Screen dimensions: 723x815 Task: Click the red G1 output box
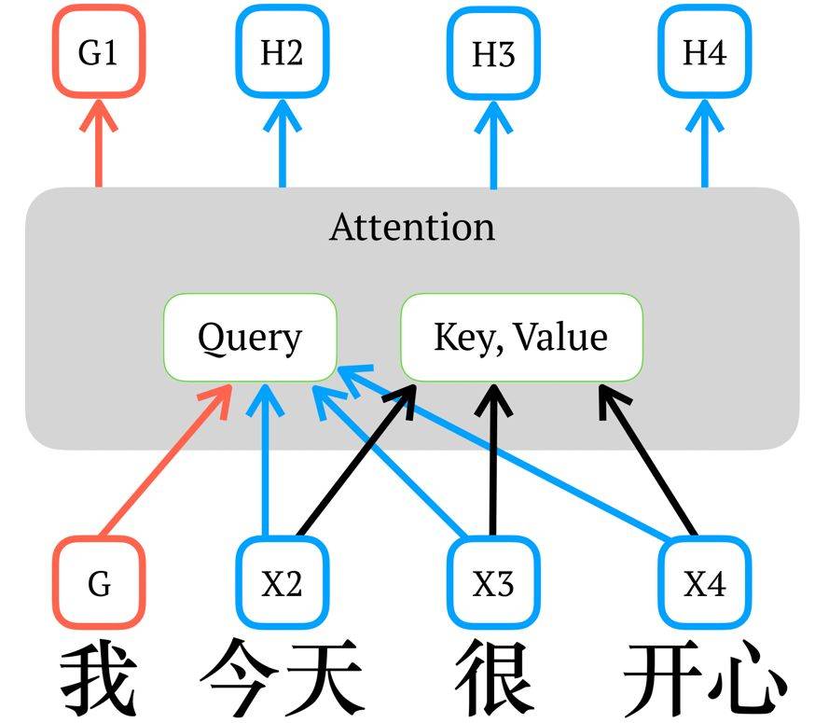(x=98, y=53)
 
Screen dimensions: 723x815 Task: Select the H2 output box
(x=282, y=53)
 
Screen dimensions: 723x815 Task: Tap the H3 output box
(x=493, y=54)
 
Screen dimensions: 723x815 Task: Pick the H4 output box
(x=704, y=53)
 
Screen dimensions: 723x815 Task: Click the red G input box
(x=99, y=584)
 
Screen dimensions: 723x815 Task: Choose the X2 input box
(x=282, y=584)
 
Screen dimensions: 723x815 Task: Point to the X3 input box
(x=493, y=584)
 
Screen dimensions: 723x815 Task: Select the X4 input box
(x=704, y=584)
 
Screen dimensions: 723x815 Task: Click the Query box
(x=250, y=337)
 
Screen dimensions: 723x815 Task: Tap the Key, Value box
(x=521, y=337)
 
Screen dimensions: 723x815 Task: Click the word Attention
(x=411, y=227)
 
